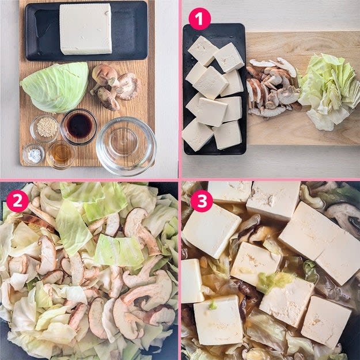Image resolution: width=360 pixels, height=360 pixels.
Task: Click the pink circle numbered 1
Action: (x=199, y=19)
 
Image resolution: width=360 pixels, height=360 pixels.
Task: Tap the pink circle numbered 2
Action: (x=17, y=201)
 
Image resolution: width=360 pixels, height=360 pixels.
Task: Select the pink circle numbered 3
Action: (x=202, y=201)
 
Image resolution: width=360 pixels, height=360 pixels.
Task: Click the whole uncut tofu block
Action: (x=86, y=29)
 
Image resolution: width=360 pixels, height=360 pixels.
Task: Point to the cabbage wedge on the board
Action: (x=55, y=87)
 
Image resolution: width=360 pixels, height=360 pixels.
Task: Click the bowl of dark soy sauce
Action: (x=79, y=127)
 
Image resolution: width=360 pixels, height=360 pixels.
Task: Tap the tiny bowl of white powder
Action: (x=34, y=154)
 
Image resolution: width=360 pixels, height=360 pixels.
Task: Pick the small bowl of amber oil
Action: (x=61, y=154)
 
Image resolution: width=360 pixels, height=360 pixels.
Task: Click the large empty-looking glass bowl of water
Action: (x=126, y=146)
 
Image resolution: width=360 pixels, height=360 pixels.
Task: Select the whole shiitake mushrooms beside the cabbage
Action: (x=114, y=87)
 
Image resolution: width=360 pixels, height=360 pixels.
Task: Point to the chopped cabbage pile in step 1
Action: (x=329, y=92)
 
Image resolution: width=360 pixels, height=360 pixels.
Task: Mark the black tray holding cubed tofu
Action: (x=214, y=89)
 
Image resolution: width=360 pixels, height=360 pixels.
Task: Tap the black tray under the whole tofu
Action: (x=86, y=31)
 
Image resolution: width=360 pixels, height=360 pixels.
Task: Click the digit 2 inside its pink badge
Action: (x=17, y=201)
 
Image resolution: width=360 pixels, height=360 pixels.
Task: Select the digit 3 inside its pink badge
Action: (x=202, y=201)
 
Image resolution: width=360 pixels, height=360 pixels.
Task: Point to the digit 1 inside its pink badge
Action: (x=199, y=19)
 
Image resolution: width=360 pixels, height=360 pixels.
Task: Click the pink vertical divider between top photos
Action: (x=180, y=89)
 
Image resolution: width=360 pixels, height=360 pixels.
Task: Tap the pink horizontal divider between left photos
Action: (x=89, y=180)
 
